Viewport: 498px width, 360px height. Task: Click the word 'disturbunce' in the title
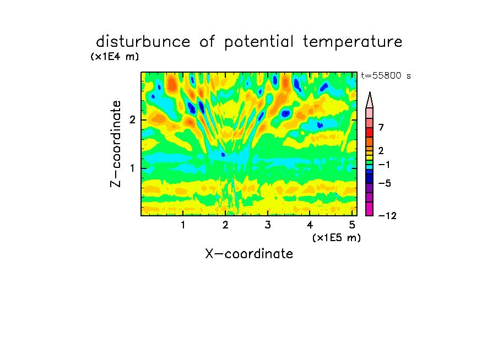click(143, 42)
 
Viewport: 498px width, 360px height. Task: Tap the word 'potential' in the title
click(259, 42)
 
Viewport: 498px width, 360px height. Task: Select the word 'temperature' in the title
click(353, 42)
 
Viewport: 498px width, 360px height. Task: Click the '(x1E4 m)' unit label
click(115, 57)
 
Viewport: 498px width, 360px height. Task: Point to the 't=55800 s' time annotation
click(386, 75)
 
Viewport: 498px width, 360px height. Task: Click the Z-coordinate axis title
click(116, 144)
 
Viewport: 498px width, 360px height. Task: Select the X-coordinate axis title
click(249, 254)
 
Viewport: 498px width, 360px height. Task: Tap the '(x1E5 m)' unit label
click(337, 238)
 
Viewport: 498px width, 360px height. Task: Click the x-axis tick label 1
click(183, 225)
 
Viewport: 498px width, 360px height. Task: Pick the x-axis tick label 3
click(268, 225)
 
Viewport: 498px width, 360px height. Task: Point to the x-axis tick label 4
click(310, 225)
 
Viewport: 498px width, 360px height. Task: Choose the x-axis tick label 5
click(352, 225)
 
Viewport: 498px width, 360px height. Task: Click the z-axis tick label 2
click(132, 120)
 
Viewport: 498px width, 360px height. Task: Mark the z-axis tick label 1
click(133, 168)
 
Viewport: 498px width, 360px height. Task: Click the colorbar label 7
click(381, 127)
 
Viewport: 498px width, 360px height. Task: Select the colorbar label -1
click(384, 165)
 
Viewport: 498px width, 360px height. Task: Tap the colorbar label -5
click(385, 183)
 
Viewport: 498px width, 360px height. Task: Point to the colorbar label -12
click(387, 216)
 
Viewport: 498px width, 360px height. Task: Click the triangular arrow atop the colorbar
click(370, 100)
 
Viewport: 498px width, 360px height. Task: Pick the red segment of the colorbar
click(370, 132)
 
